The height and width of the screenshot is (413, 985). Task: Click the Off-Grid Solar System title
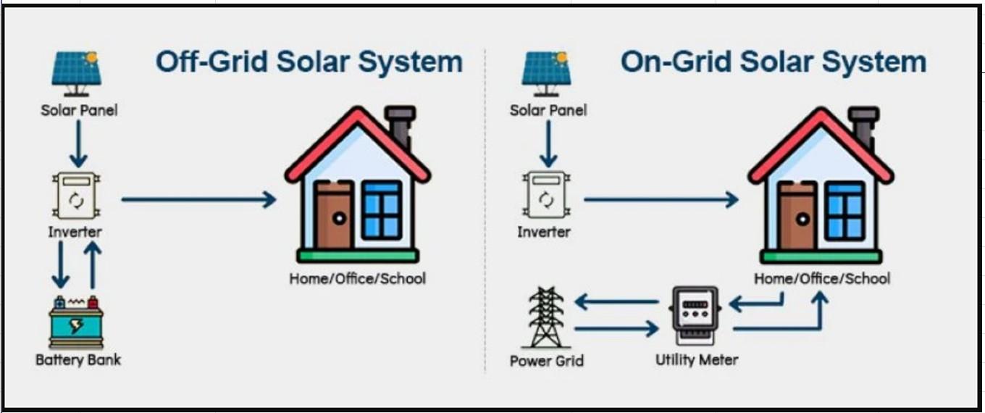pyautogui.click(x=309, y=62)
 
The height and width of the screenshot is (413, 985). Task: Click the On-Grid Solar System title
pyautogui.click(x=773, y=62)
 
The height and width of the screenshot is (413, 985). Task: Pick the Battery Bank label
pyautogui.click(x=78, y=360)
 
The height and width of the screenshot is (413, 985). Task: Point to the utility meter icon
pyautogui.click(x=695, y=314)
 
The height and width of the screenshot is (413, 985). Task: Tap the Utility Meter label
pyautogui.click(x=697, y=360)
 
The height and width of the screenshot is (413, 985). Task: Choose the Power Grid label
pyautogui.click(x=546, y=361)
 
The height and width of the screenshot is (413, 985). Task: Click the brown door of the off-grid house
pyautogui.click(x=334, y=215)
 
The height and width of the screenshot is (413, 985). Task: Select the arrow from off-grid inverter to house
pyautogui.click(x=198, y=199)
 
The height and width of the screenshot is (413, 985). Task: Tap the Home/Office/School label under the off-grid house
pyautogui.click(x=358, y=278)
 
